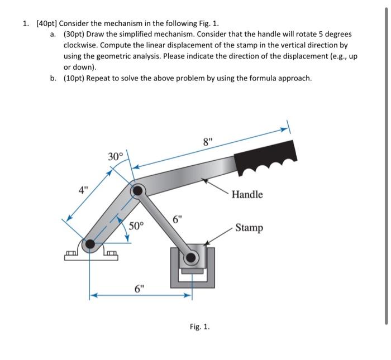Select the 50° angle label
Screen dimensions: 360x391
pyautogui.click(x=136, y=225)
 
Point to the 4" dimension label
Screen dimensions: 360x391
pyautogui.click(x=82, y=189)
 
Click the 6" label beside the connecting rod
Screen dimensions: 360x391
pyautogui.click(x=177, y=219)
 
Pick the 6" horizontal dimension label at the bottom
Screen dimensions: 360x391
pyautogui.click(x=140, y=289)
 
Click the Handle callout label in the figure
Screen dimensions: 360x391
pyautogui.click(x=247, y=194)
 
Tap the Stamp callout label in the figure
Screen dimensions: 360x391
pyautogui.click(x=249, y=228)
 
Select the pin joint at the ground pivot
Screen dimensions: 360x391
pyautogui.click(x=89, y=244)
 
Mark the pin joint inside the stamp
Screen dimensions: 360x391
pyautogui.click(x=192, y=257)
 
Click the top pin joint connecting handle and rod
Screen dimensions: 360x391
pyautogui.click(x=137, y=191)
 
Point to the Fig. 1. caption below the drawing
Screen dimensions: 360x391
pyautogui.click(x=200, y=327)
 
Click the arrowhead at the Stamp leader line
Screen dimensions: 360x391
pyautogui.click(x=207, y=243)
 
